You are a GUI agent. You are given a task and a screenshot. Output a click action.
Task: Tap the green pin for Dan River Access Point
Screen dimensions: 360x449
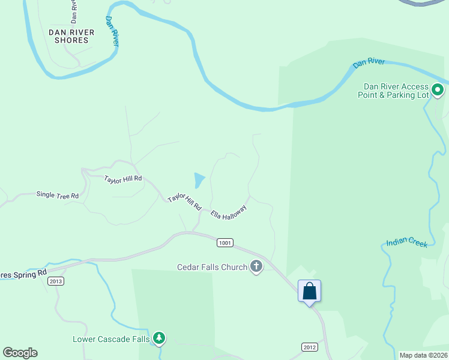pyautogui.click(x=438, y=91)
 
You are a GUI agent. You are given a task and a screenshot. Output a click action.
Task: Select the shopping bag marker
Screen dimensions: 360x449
pyautogui.click(x=310, y=291)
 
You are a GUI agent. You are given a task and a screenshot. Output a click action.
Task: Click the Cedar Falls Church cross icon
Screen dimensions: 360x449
pyautogui.click(x=256, y=266)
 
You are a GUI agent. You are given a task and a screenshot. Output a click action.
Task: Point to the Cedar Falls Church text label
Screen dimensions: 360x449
pyautogui.click(x=212, y=267)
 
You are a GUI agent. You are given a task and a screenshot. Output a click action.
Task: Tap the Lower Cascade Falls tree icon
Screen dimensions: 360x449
pyautogui.click(x=159, y=339)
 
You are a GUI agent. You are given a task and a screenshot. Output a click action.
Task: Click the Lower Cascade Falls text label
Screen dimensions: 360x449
pyautogui.click(x=111, y=339)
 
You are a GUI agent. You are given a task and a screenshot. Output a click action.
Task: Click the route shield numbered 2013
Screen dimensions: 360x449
pyautogui.click(x=56, y=281)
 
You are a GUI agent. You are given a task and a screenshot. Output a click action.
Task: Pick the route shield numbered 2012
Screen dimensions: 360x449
pyautogui.click(x=309, y=347)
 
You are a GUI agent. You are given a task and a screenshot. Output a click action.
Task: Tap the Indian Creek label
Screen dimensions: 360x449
pyautogui.click(x=406, y=242)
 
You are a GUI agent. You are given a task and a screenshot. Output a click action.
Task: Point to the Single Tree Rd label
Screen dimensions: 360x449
pyautogui.click(x=58, y=195)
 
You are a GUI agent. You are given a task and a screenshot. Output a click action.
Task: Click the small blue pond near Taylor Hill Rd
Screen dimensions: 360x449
pyautogui.click(x=199, y=179)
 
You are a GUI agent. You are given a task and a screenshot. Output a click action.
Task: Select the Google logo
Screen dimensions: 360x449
pyautogui.click(x=20, y=353)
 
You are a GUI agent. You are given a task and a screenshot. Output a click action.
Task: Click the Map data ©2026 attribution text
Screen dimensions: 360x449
pyautogui.click(x=423, y=355)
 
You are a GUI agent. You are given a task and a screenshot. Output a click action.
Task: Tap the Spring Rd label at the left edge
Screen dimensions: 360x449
pyautogui.click(x=24, y=274)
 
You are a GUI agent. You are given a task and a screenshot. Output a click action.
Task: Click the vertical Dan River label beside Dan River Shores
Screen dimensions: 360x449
pyautogui.click(x=112, y=30)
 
